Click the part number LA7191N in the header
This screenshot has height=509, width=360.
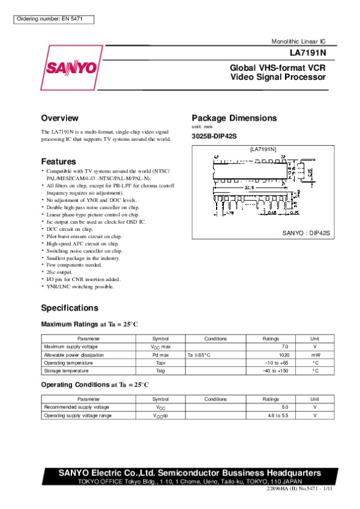tap(310, 52)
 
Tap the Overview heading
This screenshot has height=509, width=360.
tap(59, 118)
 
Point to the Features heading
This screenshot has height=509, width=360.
tap(58, 161)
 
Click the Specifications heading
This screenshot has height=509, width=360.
tap(70, 308)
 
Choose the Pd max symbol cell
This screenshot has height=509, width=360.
tap(160, 355)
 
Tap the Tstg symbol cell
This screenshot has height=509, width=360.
tap(160, 371)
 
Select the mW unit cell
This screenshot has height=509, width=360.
tap(315, 355)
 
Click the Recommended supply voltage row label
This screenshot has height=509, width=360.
tap(73, 407)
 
